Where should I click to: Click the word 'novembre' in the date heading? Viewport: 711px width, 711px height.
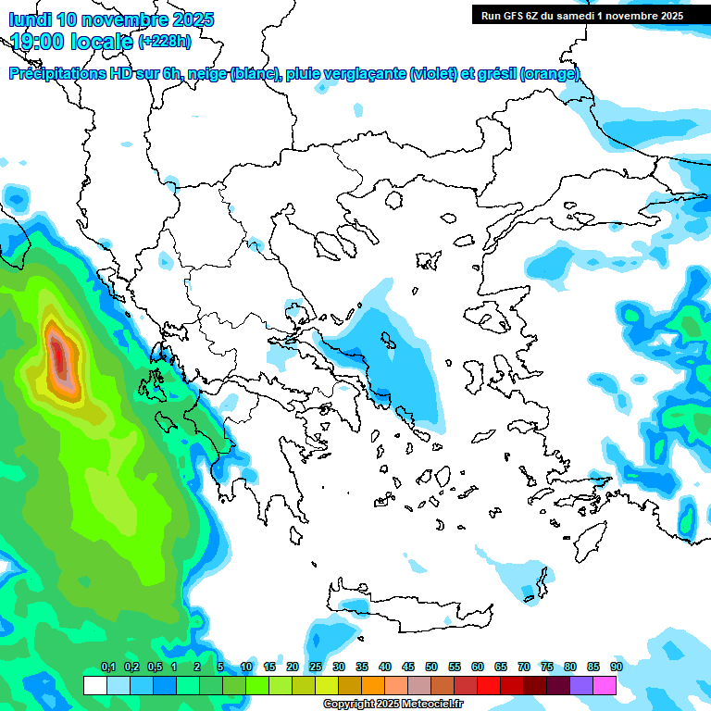coord(127,19)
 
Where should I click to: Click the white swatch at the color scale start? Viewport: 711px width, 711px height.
coord(94,685)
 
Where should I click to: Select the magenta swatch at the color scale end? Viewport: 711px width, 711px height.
coord(605,685)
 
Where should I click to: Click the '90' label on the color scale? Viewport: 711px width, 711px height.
coord(616,667)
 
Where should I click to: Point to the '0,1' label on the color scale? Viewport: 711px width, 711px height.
coord(107,667)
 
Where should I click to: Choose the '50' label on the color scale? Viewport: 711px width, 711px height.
coord(431,667)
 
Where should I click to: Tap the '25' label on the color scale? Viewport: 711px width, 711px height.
coord(316,667)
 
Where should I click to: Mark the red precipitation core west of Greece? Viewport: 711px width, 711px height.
coord(60,355)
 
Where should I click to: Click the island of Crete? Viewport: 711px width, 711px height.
coord(407,602)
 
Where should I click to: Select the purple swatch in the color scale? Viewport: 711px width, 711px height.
coord(581,685)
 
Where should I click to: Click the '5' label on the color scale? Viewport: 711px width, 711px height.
coord(220,667)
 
